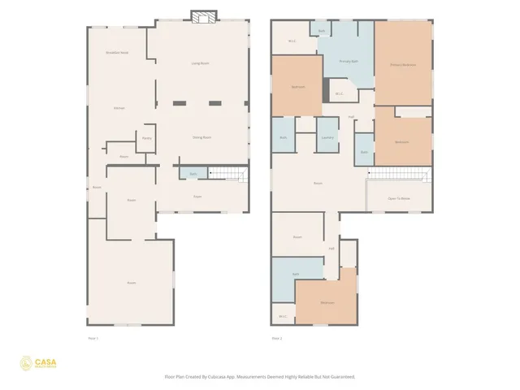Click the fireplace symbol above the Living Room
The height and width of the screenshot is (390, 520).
(203, 15)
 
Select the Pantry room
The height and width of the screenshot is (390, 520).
(146, 138)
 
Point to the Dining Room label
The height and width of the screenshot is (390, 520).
(201, 137)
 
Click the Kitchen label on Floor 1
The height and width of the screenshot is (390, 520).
(119, 107)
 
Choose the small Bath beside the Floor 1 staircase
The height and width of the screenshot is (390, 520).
(193, 174)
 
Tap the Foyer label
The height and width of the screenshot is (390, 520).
(197, 197)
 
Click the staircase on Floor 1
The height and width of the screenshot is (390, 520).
(228, 173)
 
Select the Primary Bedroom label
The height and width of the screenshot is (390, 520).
(402, 64)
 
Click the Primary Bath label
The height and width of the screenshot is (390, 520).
(349, 61)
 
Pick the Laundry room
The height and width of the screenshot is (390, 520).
(327, 137)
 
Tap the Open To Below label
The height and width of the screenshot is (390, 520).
(398, 197)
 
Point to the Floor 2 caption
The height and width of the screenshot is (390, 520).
(276, 338)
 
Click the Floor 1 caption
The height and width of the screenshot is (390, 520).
(93, 338)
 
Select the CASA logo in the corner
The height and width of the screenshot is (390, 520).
(37, 363)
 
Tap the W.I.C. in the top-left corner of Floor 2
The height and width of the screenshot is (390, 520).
(291, 41)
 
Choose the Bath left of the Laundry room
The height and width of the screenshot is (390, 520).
(283, 137)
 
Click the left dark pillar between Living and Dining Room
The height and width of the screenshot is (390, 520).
(179, 102)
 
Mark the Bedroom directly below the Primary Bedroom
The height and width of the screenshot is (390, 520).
(401, 141)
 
